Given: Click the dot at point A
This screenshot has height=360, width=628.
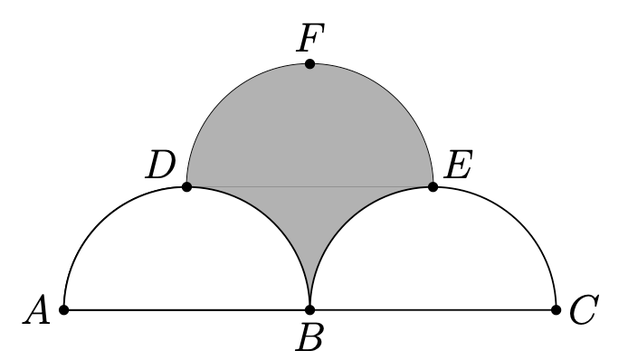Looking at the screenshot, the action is click(63, 309).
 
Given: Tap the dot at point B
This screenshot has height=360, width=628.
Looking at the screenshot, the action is click(309, 309).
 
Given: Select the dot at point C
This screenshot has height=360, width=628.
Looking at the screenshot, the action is click(556, 309).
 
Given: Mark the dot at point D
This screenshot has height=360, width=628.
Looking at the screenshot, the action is click(186, 186).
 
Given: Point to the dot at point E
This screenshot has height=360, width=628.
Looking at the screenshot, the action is click(433, 186).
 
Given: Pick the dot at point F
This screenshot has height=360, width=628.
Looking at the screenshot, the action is click(309, 63).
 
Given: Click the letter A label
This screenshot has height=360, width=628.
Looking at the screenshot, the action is click(36, 309).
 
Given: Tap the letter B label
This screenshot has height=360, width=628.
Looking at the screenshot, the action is click(309, 336).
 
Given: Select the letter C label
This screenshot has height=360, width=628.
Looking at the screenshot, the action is click(584, 309).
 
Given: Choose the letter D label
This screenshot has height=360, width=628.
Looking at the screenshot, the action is click(160, 165).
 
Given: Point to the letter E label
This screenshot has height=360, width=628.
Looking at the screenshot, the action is click(459, 165).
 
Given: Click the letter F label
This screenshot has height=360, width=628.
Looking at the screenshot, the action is click(310, 38).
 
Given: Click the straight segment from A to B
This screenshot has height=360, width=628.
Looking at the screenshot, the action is click(186, 309).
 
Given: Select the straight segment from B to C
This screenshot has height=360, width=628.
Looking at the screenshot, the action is click(433, 309).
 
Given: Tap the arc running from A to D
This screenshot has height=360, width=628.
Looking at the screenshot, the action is click(100, 223).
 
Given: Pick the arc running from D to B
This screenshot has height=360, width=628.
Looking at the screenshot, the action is click(273, 223).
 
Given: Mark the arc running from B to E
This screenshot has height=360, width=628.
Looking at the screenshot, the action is click(346, 223).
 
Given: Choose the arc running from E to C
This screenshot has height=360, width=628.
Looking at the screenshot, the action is click(519, 223).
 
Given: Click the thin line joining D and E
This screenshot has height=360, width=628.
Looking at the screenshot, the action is click(309, 186).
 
